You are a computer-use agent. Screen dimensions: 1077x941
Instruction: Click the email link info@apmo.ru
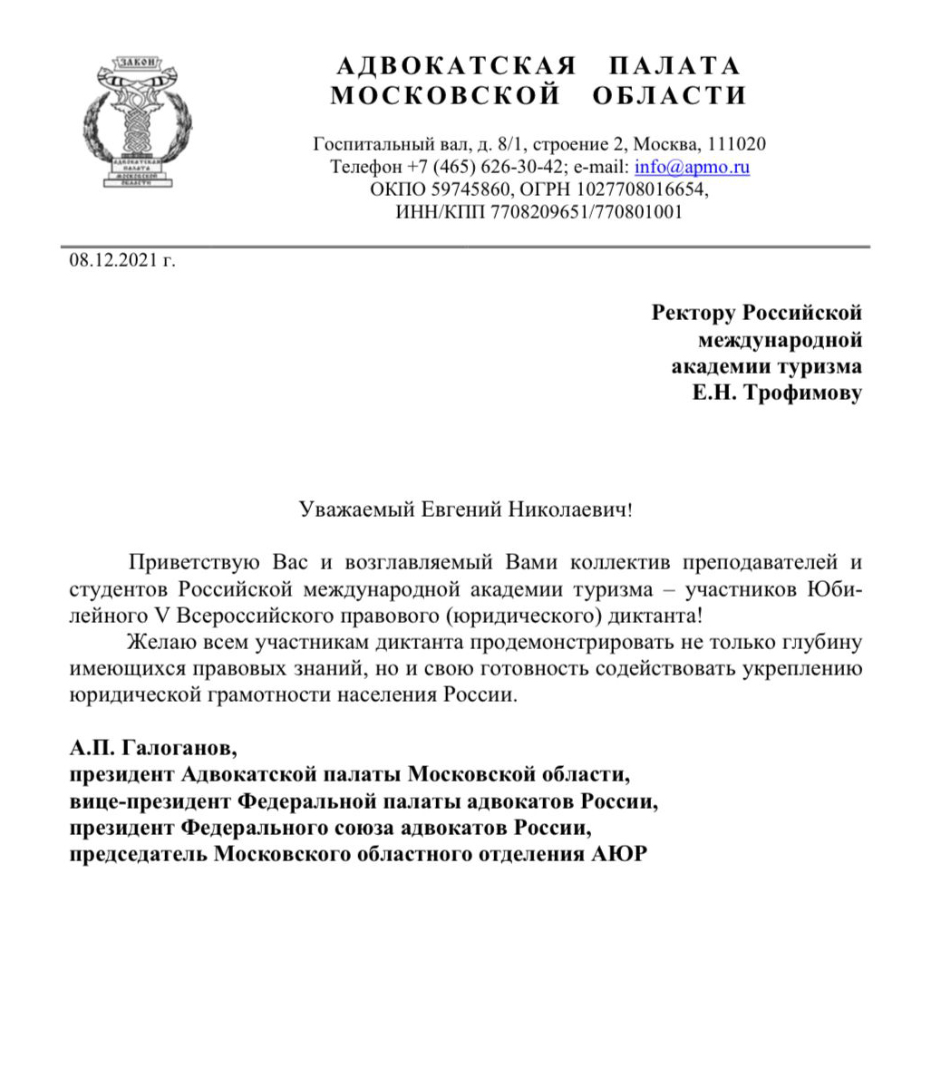[692, 167]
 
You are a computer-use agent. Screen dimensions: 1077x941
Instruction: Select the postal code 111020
[737, 144]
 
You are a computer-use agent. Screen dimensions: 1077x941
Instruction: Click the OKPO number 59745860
[458, 189]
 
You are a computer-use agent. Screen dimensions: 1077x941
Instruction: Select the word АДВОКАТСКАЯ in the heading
[457, 66]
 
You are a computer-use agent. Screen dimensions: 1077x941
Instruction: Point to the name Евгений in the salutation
[462, 509]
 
